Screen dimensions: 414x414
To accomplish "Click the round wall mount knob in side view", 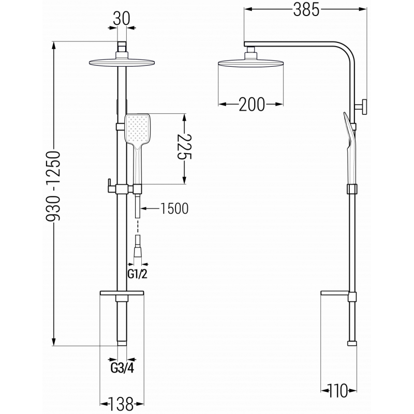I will tap(365, 107).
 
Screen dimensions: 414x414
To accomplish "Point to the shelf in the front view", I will tap(122, 296).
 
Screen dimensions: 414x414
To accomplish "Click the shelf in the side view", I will tap(336, 295).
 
